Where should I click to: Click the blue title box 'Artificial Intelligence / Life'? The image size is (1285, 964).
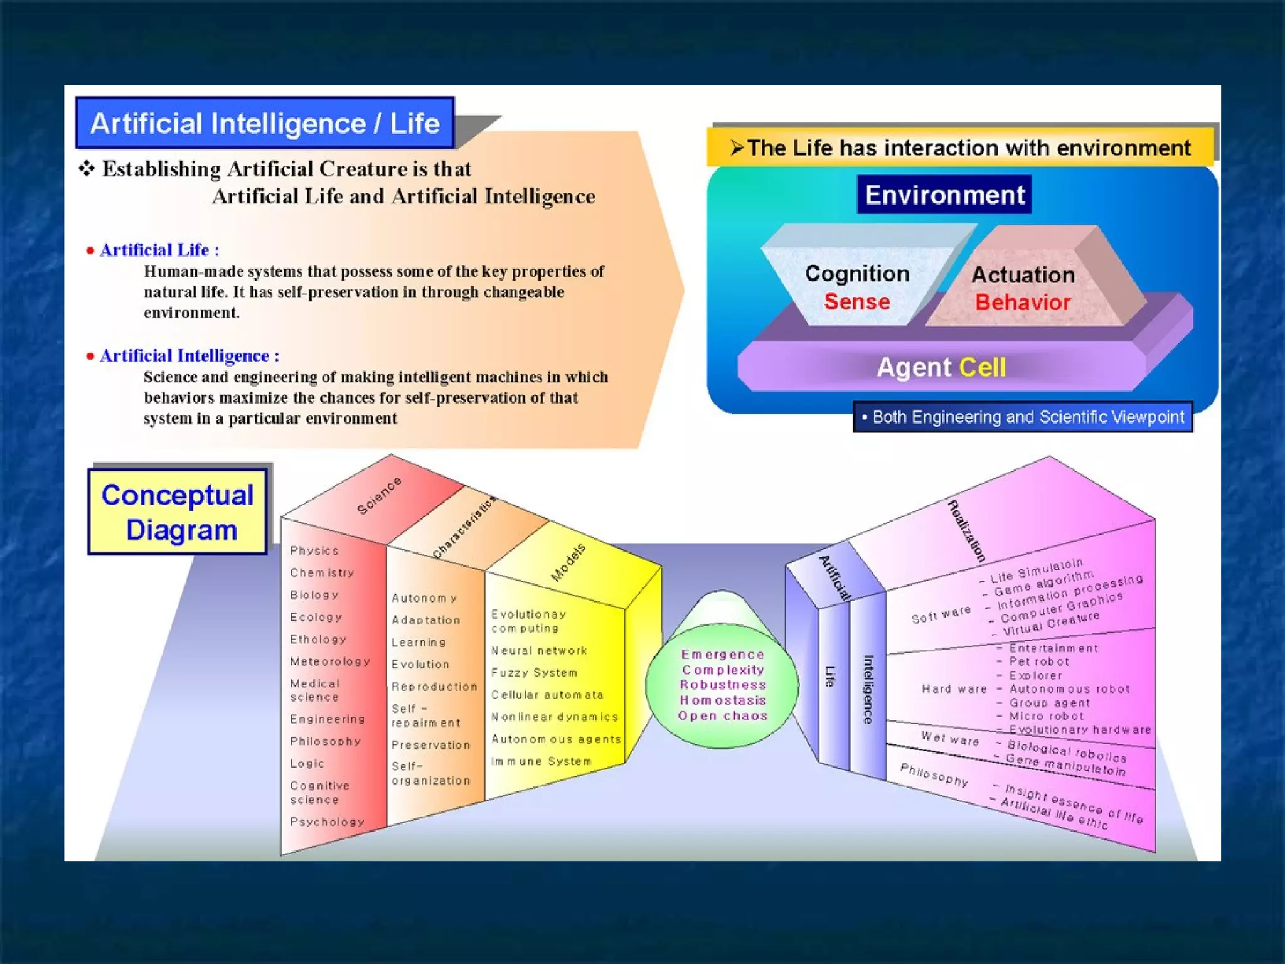click(264, 123)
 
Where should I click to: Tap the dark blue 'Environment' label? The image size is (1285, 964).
click(944, 195)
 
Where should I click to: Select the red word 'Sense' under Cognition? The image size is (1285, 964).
click(857, 301)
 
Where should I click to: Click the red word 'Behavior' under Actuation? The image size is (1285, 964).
click(1023, 303)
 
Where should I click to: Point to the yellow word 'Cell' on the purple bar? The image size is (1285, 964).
click(983, 367)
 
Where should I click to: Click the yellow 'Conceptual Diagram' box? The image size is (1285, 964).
click(178, 512)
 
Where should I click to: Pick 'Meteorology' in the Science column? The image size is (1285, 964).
click(330, 661)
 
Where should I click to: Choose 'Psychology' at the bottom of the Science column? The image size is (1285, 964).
click(327, 822)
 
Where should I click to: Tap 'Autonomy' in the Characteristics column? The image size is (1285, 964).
click(424, 598)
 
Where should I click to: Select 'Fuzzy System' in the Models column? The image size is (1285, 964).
click(534, 673)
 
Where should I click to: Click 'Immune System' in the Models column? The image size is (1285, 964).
click(541, 761)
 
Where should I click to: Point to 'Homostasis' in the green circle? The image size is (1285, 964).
click(723, 700)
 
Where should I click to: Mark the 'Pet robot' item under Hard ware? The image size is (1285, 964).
click(1039, 661)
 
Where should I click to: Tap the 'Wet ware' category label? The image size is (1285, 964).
click(950, 739)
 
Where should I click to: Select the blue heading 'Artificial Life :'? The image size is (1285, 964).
click(159, 250)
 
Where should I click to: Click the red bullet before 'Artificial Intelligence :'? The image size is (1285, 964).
click(90, 356)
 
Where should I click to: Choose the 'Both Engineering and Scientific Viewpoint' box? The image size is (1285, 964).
click(1023, 417)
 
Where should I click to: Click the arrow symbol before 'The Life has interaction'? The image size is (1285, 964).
click(737, 148)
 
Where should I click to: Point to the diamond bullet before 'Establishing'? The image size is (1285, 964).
click(87, 168)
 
